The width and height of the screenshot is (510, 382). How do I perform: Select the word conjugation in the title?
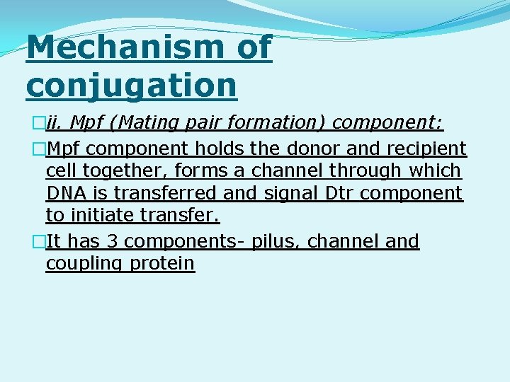tap(131, 85)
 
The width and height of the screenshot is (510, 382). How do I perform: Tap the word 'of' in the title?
tap(252, 47)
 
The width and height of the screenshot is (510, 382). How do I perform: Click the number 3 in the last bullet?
tap(111, 241)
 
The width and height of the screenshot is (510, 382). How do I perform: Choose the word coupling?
tap(84, 264)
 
